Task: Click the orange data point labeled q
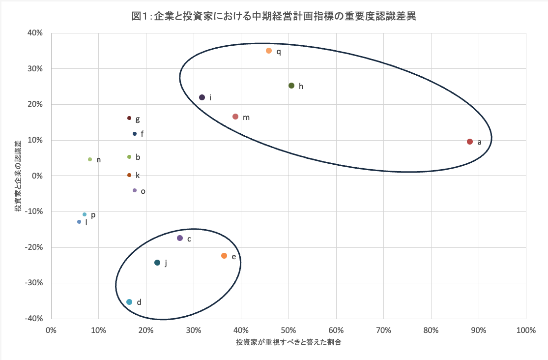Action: [269, 51]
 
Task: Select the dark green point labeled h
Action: [291, 86]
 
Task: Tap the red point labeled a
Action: [470, 142]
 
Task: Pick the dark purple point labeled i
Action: [202, 97]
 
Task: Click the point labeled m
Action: [235, 117]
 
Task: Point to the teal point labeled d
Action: [129, 302]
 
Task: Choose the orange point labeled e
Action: [224, 256]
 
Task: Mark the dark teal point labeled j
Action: [157, 263]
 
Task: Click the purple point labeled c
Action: [180, 238]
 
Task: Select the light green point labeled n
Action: [90, 159]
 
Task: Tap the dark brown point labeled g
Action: [129, 118]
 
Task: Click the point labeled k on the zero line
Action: [129, 175]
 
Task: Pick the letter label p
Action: [93, 215]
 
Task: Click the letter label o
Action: [143, 191]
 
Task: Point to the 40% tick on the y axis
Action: [36, 33]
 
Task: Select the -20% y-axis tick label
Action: [34, 247]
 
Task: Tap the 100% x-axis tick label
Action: [525, 330]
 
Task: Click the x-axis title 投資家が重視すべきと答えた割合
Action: [288, 342]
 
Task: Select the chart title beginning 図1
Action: [274, 17]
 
